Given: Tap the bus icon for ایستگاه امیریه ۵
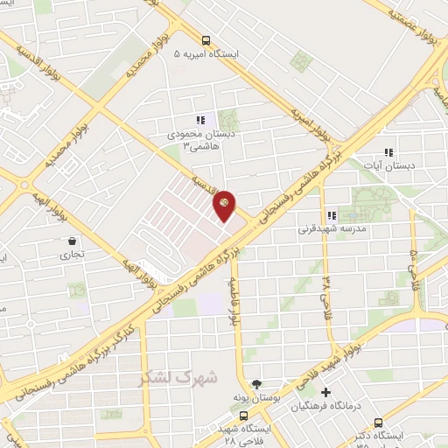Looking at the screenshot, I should pos(206,39).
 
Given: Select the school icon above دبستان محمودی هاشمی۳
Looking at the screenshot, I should pos(199,120).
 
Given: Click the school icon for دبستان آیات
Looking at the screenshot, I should pos(388,151).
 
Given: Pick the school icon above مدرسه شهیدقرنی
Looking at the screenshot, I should pos(331,215).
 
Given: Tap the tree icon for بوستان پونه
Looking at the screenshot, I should pos(256,383).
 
